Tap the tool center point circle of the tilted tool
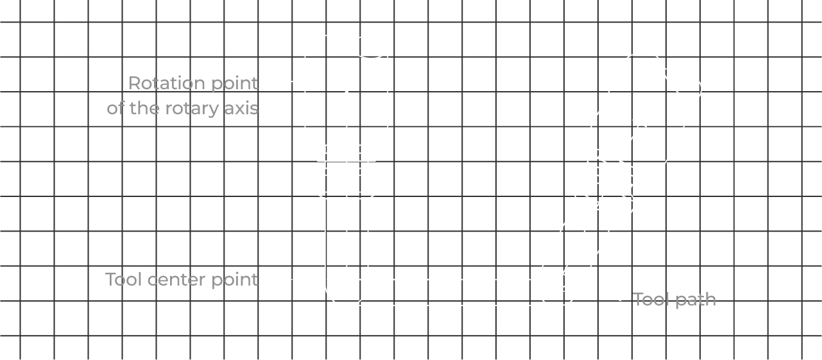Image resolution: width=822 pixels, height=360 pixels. click(559, 280)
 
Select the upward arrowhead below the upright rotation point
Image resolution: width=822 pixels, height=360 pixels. click(347, 97)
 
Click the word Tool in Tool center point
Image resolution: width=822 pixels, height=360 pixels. click(124, 280)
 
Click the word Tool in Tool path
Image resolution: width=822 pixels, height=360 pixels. click(650, 300)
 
